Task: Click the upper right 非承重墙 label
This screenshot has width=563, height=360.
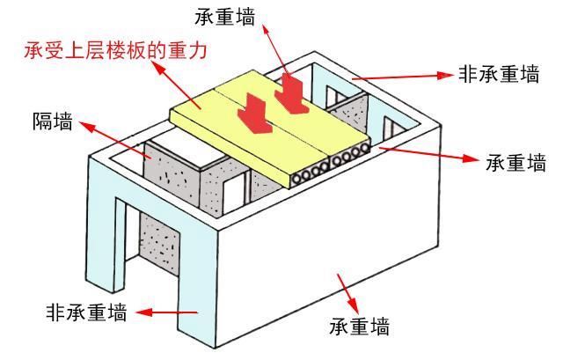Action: (x=498, y=76)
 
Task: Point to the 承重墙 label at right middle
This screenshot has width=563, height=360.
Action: (x=515, y=164)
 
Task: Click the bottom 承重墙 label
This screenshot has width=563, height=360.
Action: (x=359, y=327)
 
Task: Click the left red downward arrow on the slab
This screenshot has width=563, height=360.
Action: (x=255, y=116)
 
